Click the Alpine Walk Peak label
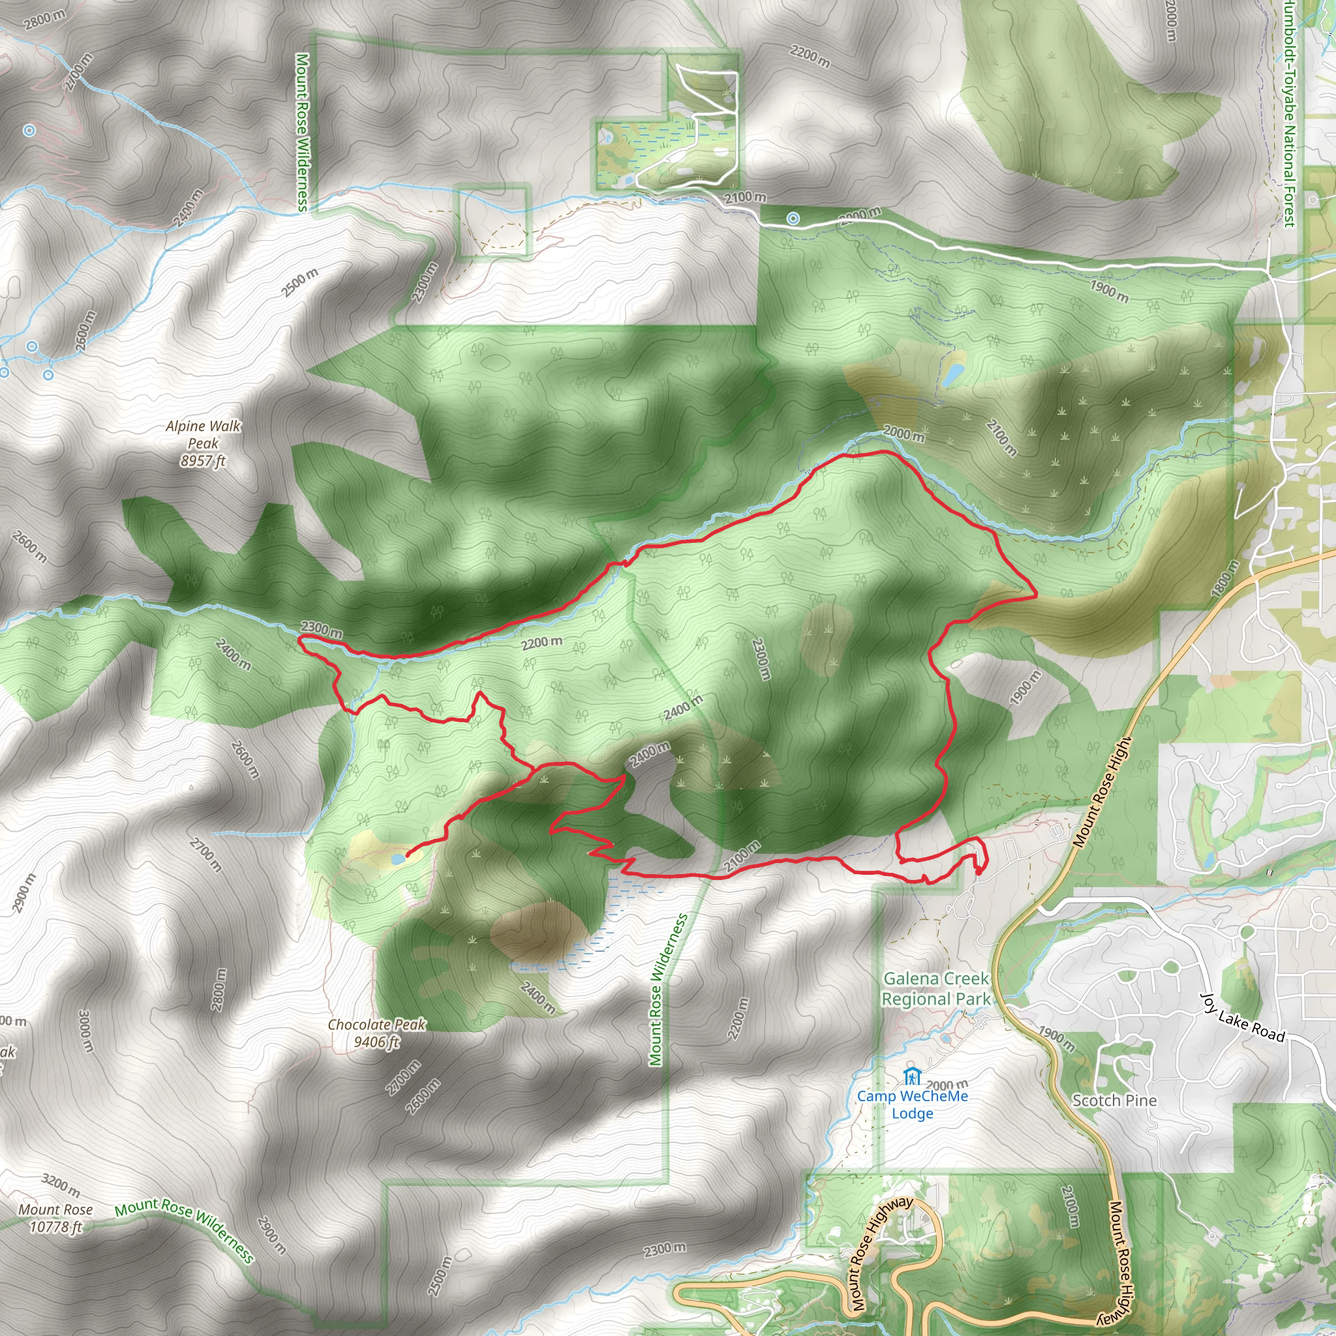(x=203, y=443)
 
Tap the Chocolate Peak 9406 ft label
(x=377, y=1033)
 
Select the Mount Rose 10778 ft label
(x=55, y=1218)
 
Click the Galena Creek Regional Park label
(x=935, y=989)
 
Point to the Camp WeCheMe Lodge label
(x=912, y=1104)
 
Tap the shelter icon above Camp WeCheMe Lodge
(x=912, y=1076)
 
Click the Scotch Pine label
(x=1114, y=1101)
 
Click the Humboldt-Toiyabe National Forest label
(x=1289, y=114)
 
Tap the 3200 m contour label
(x=61, y=1185)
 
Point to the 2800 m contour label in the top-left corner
(x=44, y=20)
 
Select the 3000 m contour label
(x=84, y=1031)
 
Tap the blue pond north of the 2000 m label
(x=954, y=374)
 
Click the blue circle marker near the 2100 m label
(x=793, y=219)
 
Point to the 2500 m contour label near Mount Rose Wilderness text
(x=299, y=282)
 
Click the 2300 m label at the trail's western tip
(x=322, y=630)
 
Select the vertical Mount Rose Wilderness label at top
(x=302, y=131)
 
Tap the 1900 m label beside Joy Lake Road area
(x=1056, y=1039)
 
